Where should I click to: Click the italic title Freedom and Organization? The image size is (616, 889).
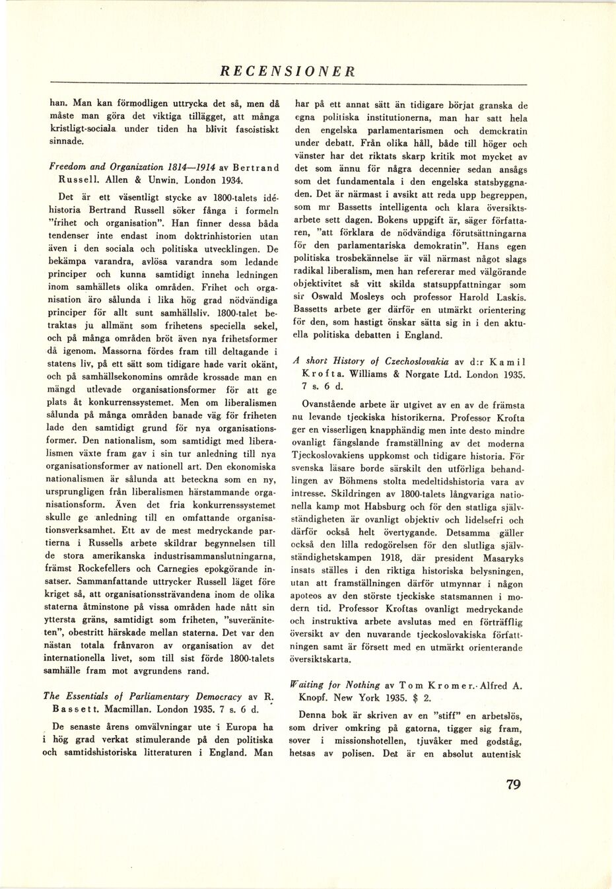click(101, 165)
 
